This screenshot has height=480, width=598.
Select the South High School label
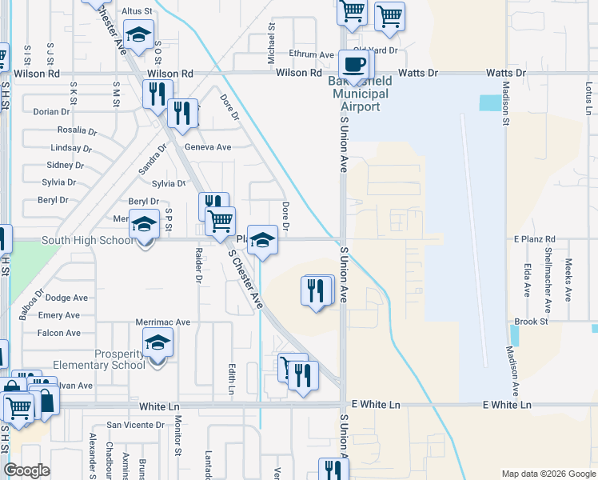tap(88, 240)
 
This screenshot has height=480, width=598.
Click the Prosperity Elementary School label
tap(99, 358)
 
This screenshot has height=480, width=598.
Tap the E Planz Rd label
tap(535, 239)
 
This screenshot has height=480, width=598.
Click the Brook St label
tap(531, 322)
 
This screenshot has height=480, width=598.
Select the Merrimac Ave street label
tap(163, 322)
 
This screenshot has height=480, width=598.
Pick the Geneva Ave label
tap(208, 147)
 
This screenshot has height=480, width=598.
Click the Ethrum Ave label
tap(312, 54)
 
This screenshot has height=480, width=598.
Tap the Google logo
tap(26, 470)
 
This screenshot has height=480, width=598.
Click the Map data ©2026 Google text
tap(547, 473)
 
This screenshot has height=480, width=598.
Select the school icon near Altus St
tap(138, 34)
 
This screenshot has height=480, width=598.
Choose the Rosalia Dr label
tap(77, 130)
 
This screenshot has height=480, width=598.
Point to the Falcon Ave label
tap(59, 333)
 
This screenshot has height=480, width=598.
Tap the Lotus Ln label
tap(589, 97)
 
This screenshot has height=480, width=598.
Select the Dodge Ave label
tap(66, 298)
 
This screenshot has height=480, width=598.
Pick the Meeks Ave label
tap(568, 279)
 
